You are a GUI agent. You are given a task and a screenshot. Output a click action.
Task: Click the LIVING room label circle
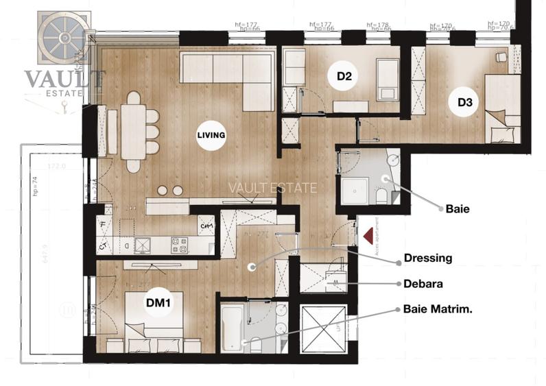point(211,135)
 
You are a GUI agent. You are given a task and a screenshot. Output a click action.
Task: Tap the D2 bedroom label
point(344,77)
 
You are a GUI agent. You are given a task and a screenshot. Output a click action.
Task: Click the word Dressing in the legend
point(427,258)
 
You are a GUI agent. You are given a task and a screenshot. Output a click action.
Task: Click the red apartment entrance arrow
point(368,237)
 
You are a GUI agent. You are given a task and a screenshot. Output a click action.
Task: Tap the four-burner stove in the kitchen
point(179,244)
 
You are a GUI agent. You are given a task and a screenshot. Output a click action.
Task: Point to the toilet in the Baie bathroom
point(381,197)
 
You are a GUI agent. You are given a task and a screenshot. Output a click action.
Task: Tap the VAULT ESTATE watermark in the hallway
point(273,188)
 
